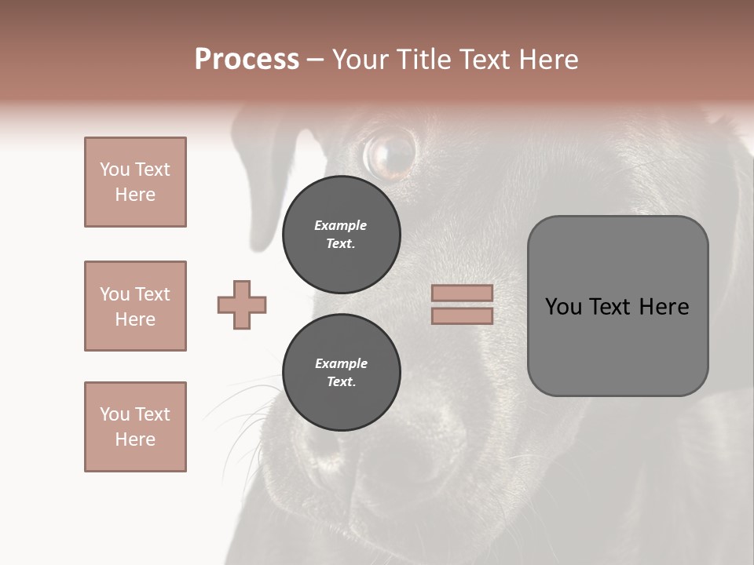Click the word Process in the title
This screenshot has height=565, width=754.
247,60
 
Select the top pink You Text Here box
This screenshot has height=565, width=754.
135,182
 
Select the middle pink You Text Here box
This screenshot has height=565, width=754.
135,306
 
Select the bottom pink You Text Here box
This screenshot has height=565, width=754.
135,427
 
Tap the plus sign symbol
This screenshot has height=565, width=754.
242,304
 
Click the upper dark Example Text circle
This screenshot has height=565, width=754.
341,235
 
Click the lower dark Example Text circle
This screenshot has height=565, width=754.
341,373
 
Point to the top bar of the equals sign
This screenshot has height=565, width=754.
462,293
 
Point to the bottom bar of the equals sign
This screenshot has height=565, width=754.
462,315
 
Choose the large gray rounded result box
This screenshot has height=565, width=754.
617,306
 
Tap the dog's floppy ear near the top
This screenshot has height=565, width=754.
267,180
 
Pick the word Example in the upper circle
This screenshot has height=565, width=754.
341,225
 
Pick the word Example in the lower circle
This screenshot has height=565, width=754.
341,363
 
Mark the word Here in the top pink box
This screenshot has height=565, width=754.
135,195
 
